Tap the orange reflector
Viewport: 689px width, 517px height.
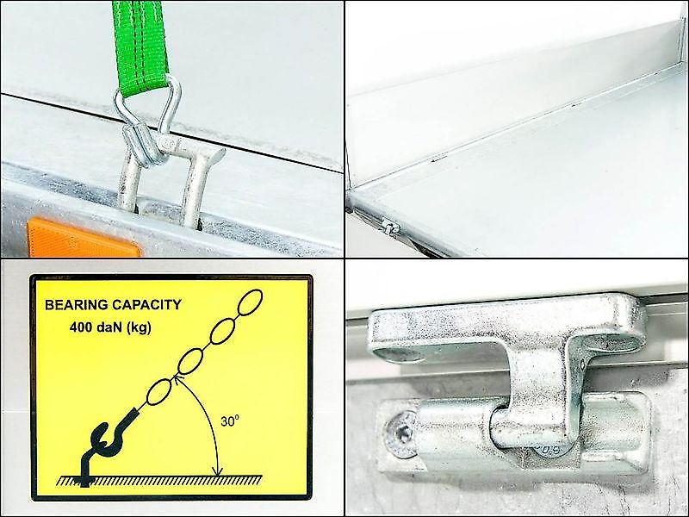point(84,238)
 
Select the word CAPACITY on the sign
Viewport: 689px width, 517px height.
point(146,305)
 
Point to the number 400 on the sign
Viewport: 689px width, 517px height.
point(80,327)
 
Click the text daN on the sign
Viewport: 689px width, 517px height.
point(108,327)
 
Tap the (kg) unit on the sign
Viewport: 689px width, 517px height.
point(138,327)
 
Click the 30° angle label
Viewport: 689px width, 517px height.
point(230,421)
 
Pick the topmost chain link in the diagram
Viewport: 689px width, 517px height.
point(251,302)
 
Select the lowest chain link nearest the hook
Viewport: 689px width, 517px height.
point(158,391)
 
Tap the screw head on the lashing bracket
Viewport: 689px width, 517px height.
point(400,434)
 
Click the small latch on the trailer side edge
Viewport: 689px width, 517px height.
point(389,226)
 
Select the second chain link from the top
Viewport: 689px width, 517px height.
point(222,331)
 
